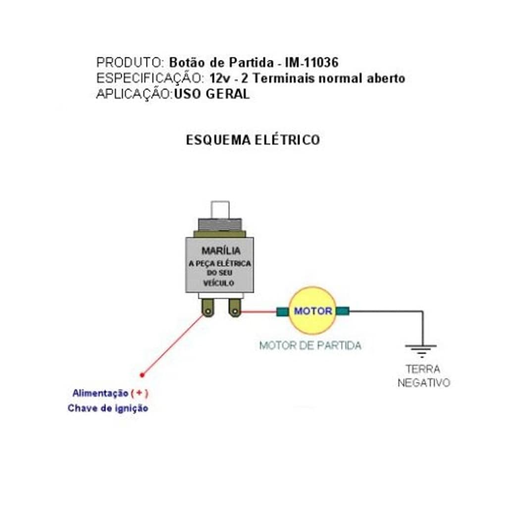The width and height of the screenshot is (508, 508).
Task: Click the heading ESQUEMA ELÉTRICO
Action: [253, 140]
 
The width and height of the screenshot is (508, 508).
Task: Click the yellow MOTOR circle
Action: [313, 311]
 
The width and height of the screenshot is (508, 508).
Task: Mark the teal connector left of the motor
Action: [282, 311]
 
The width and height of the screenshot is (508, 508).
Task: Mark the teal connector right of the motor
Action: [343, 311]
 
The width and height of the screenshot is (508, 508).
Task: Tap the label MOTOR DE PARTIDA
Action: [310, 346]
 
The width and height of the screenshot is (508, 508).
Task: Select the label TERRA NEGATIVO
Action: [423, 376]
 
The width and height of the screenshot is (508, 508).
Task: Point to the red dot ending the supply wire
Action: [142, 375]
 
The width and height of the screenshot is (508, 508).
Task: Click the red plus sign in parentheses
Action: [140, 394]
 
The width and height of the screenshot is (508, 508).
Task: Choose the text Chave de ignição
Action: [108, 408]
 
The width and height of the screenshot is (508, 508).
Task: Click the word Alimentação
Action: [100, 394]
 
